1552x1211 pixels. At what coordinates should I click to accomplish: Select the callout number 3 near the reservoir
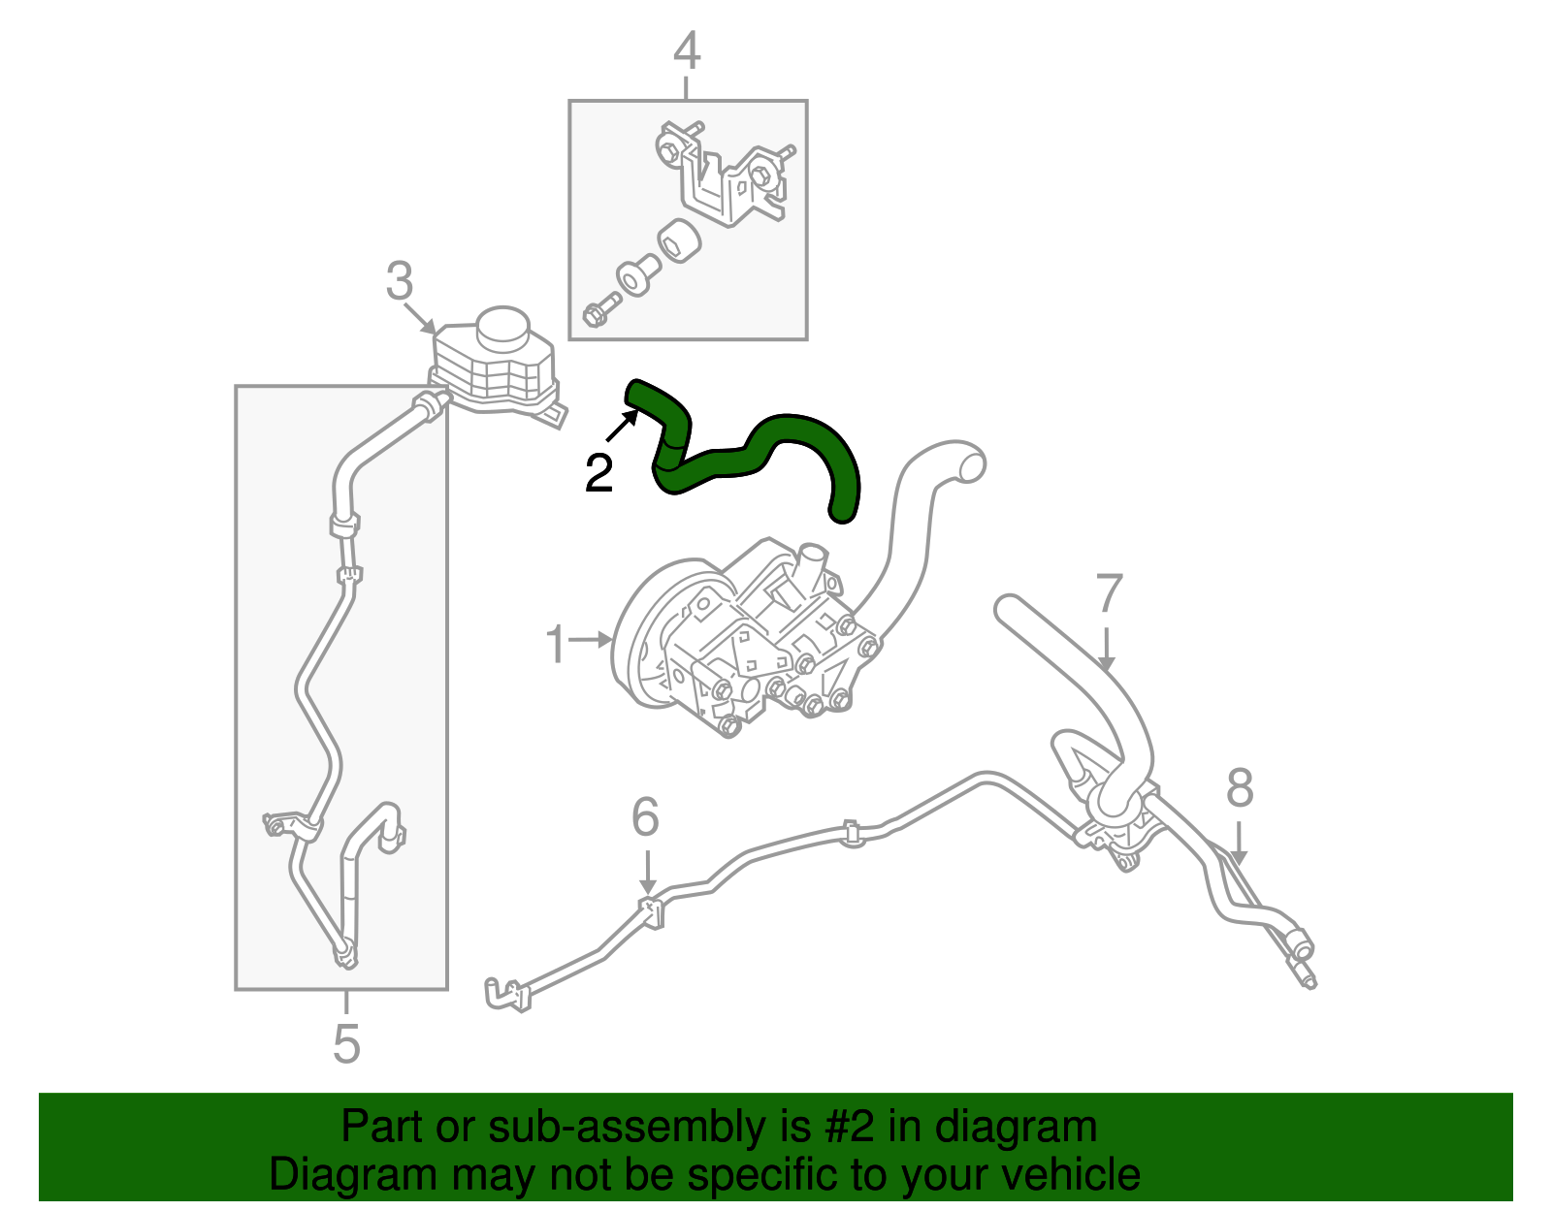point(399,281)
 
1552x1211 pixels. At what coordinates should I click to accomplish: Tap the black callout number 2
point(598,473)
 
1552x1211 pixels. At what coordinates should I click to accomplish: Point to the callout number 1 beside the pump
point(555,645)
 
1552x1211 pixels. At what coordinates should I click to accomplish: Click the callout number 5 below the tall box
point(346,1043)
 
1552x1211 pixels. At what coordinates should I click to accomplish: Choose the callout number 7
point(1109,593)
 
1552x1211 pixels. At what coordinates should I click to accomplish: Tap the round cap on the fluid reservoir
point(501,326)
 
